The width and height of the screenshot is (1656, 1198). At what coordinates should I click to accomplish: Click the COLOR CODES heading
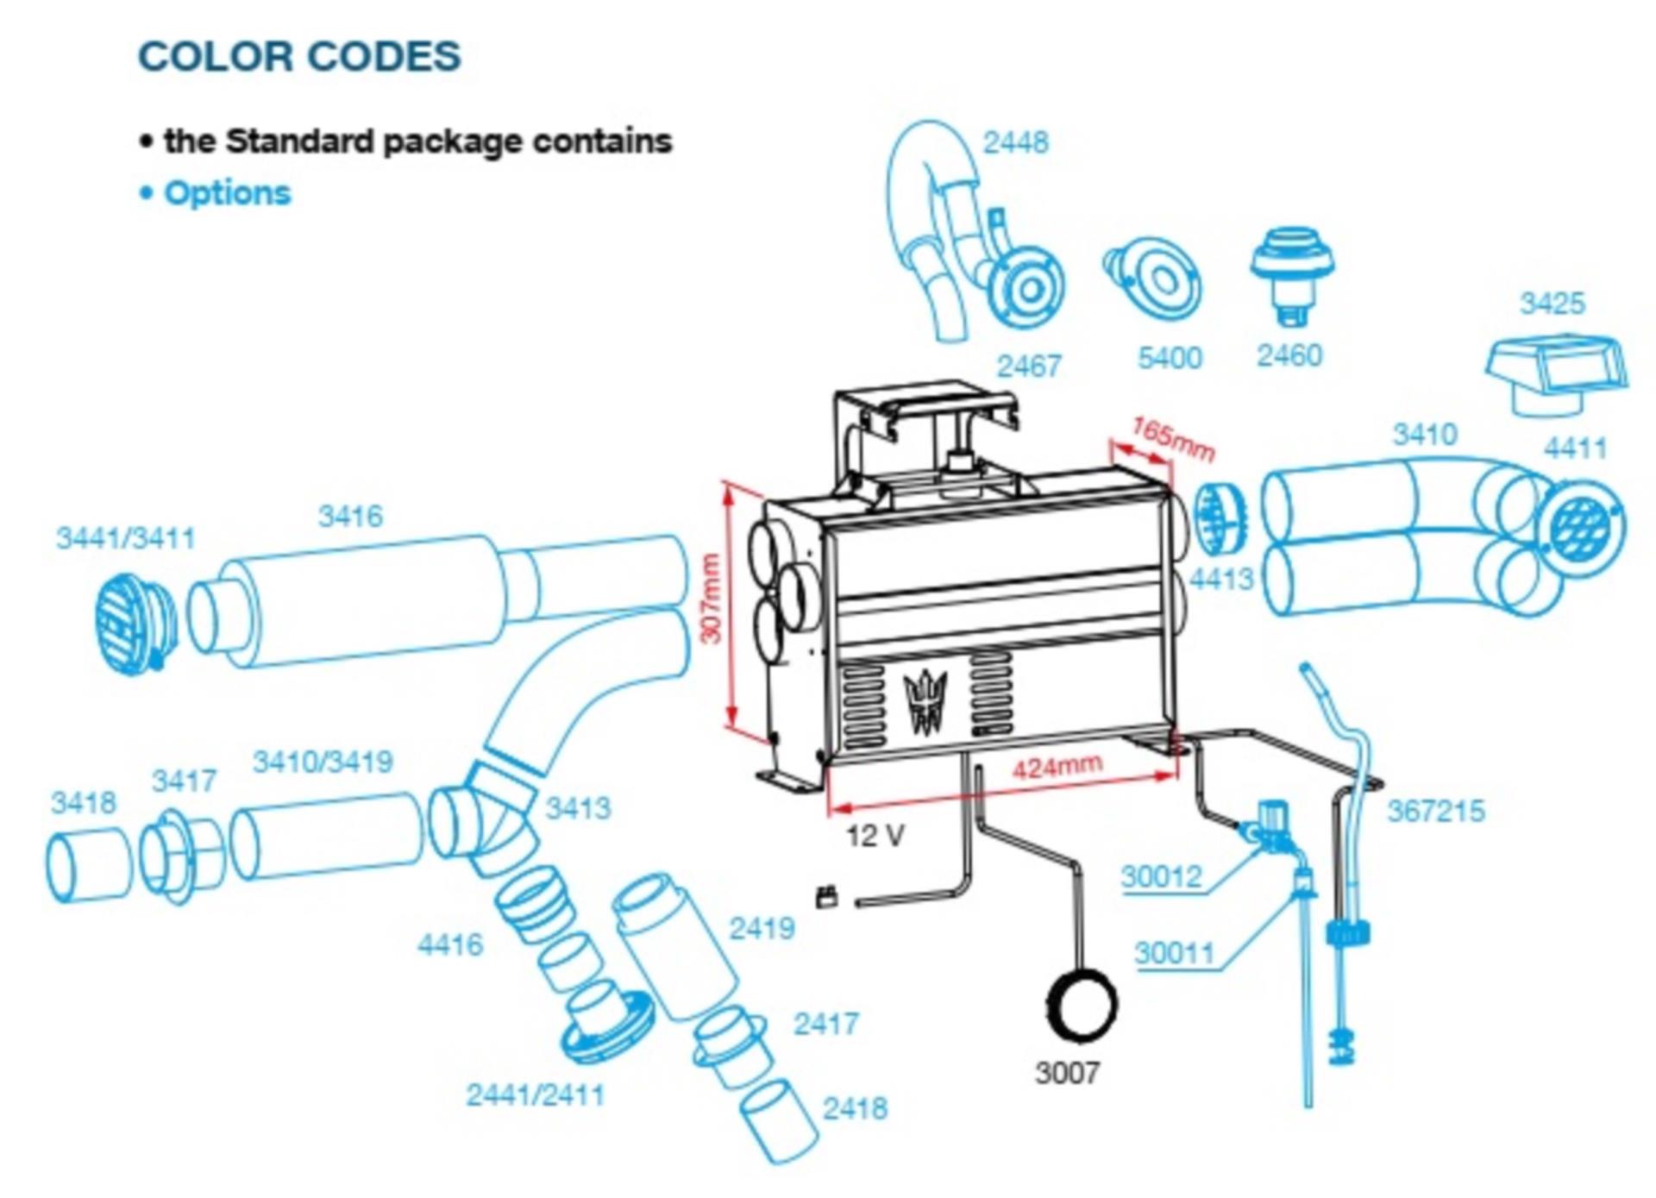tap(299, 57)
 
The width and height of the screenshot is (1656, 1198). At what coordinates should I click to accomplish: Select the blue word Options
tap(227, 192)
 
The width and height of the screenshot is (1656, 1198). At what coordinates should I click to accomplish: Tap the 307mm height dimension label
tap(710, 598)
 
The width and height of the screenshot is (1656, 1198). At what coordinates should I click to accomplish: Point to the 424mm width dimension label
tap(1057, 766)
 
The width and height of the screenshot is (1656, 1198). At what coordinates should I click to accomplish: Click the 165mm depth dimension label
tap(1173, 440)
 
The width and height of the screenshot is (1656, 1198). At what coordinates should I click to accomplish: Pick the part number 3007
tap(1067, 1073)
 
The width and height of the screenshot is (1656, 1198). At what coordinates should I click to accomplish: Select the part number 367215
tap(1435, 811)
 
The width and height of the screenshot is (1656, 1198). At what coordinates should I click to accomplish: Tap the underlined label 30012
tap(1161, 876)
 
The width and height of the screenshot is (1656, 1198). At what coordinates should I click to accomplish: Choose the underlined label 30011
tap(1174, 953)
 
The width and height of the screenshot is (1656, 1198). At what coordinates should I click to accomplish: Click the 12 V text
tap(875, 835)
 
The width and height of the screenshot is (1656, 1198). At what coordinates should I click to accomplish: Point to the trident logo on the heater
tap(925, 701)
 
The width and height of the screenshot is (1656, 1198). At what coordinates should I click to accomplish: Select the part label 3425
tap(1552, 303)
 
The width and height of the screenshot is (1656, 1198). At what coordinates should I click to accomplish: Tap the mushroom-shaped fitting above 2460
tap(1292, 271)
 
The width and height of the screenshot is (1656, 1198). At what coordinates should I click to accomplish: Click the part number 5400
tap(1170, 357)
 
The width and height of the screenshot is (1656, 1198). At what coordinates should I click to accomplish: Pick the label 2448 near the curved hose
tap(1015, 142)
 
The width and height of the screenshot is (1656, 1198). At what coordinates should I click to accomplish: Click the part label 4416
tap(450, 944)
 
